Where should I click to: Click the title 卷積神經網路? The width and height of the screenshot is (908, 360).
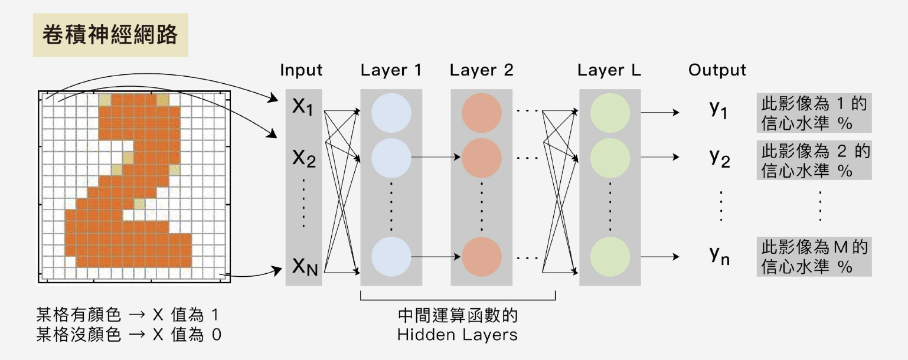click(110, 35)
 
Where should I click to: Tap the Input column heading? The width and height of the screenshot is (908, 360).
click(301, 70)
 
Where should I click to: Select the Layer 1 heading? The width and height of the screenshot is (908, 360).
click(391, 70)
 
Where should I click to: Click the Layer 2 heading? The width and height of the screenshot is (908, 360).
click(481, 70)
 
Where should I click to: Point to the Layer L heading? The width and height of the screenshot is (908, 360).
click(609, 70)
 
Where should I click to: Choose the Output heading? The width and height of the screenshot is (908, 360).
click(717, 70)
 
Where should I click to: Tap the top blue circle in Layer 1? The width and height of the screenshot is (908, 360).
click(391, 112)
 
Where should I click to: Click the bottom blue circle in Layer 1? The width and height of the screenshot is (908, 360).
click(391, 257)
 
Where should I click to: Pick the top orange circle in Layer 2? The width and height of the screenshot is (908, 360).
click(482, 112)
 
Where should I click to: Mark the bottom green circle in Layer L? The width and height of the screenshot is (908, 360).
click(610, 257)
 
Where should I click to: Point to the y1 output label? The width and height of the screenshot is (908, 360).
click(718, 110)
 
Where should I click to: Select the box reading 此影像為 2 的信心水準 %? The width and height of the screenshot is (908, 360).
click(815, 161)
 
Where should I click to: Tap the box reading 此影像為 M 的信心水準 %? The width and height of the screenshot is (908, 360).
click(815, 256)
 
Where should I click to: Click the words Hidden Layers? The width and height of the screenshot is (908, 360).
click(457, 335)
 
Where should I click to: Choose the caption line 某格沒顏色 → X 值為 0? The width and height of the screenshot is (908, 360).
click(129, 335)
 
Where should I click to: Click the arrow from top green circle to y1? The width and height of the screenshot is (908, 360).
click(660, 112)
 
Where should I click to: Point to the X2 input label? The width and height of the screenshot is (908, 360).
click(304, 158)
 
